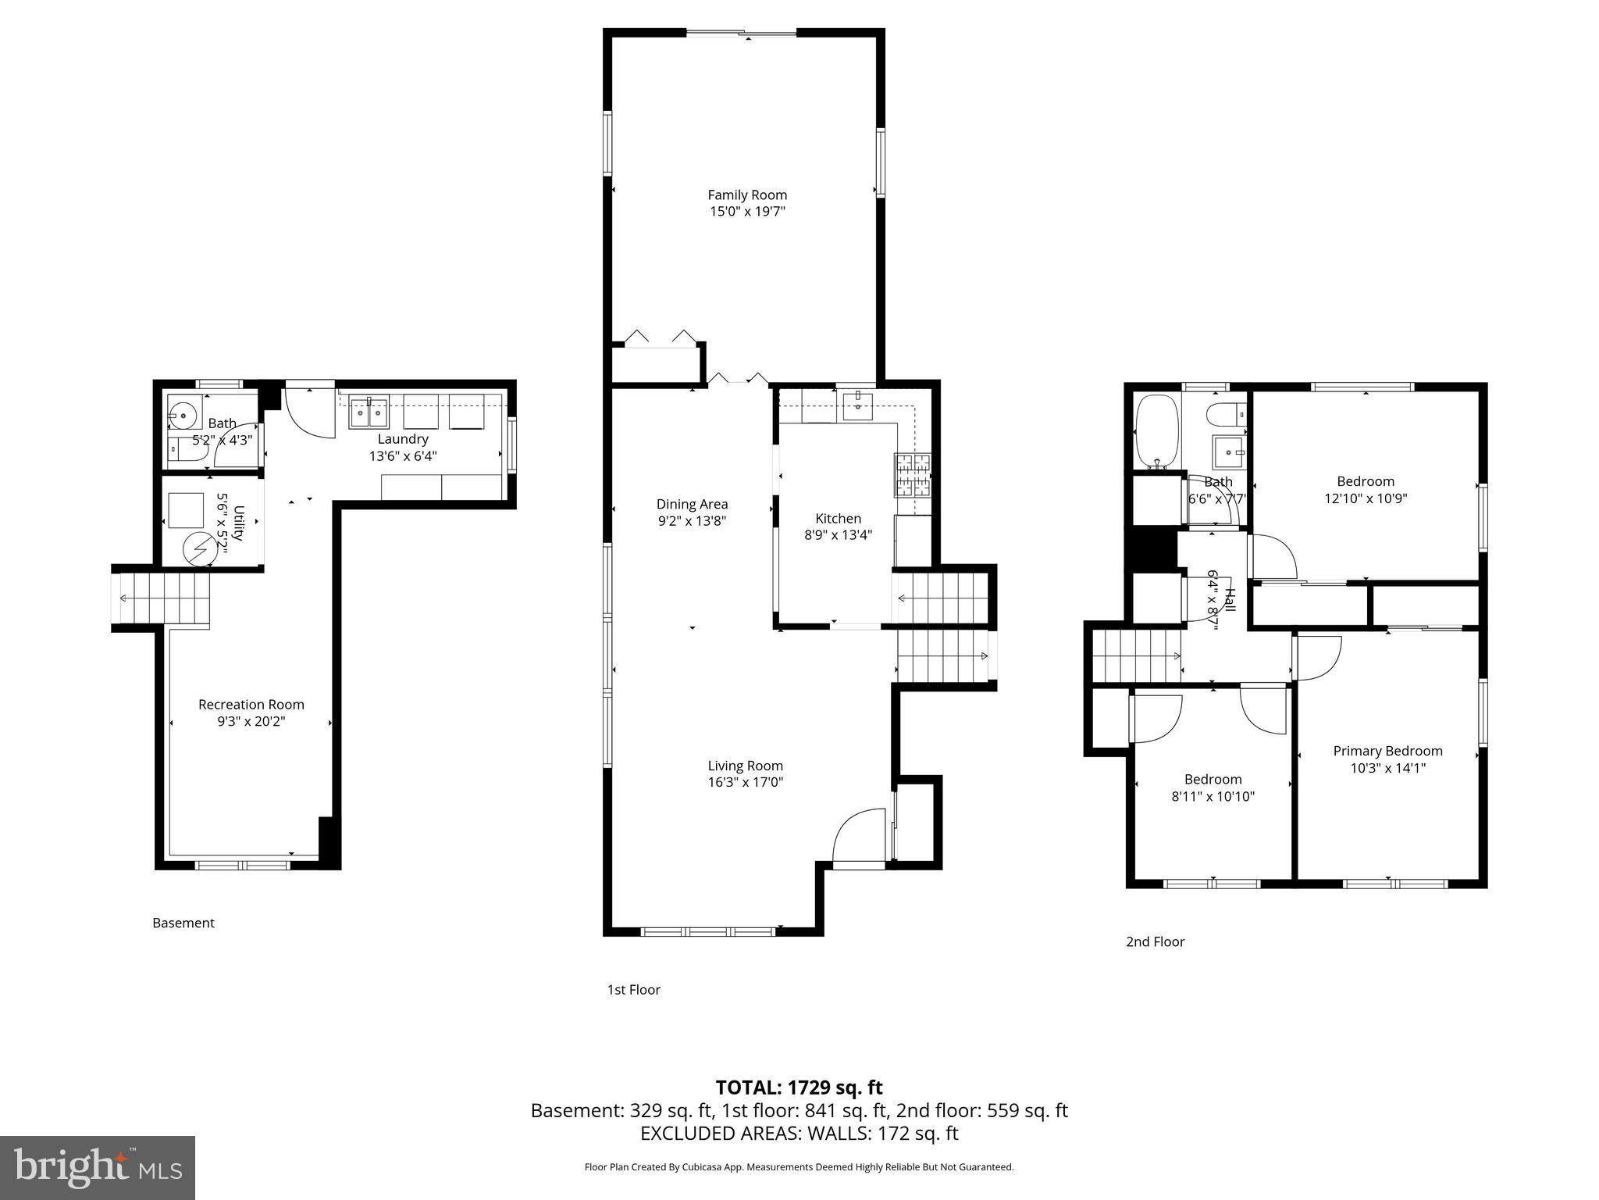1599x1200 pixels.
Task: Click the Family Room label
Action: [746, 195]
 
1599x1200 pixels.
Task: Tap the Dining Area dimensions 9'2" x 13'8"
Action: [692, 521]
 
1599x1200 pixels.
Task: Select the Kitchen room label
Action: [838, 518]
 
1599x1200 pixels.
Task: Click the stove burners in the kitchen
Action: [913, 475]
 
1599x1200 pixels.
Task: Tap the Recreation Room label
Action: [251, 704]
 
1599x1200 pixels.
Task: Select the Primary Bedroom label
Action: [1387, 751]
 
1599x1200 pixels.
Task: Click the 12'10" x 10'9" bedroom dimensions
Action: [1365, 498]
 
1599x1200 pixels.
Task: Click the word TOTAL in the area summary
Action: [748, 1087]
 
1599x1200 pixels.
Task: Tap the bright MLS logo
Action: [97, 1168]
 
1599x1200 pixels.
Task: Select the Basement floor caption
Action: [183, 923]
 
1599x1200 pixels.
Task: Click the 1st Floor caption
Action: [633, 990]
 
